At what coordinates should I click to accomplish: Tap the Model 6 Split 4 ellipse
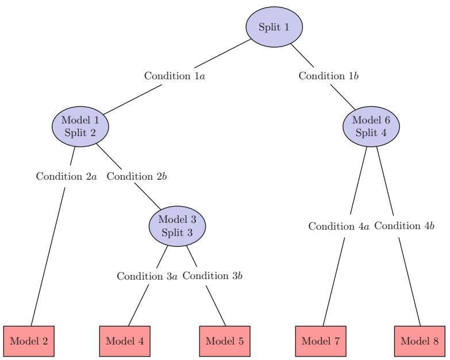pyautogui.click(x=371, y=126)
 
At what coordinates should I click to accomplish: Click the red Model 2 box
pyautogui.click(x=26, y=340)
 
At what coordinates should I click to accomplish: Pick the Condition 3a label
pyautogui.click(x=148, y=276)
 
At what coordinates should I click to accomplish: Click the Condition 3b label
pyautogui.click(x=213, y=276)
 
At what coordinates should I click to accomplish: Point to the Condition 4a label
pyautogui.click(x=340, y=226)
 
